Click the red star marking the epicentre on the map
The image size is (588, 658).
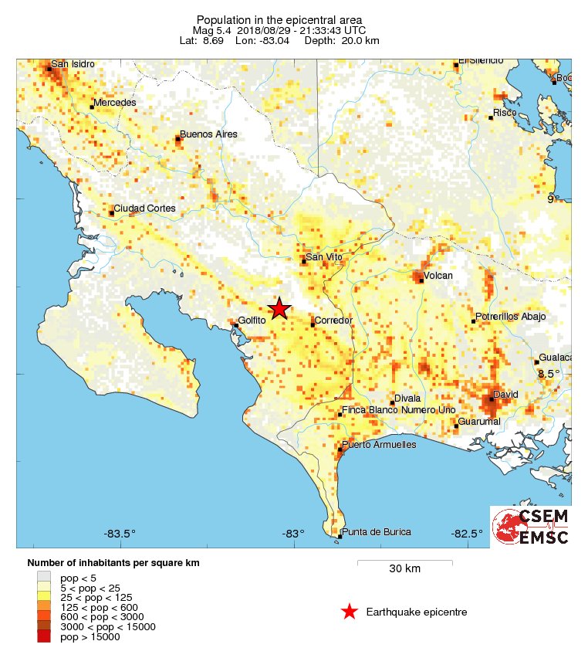[279, 309]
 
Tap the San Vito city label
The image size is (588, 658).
[322, 257]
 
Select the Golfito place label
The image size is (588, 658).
[252, 321]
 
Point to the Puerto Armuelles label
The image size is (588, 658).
[378, 445]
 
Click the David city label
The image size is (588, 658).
[505, 394]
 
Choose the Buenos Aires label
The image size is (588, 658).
[208, 134]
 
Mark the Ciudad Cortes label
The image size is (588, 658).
[146, 209]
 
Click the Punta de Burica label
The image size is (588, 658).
[377, 532]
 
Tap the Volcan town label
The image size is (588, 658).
[438, 276]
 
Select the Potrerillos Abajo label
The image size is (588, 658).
[511, 317]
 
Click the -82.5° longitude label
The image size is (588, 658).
[467, 534]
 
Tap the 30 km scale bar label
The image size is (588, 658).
[404, 569]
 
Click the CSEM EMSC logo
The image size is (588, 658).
[530, 526]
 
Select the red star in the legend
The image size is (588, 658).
[350, 612]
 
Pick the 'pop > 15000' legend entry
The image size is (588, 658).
[90, 637]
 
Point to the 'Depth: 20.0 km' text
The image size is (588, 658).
[343, 40]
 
